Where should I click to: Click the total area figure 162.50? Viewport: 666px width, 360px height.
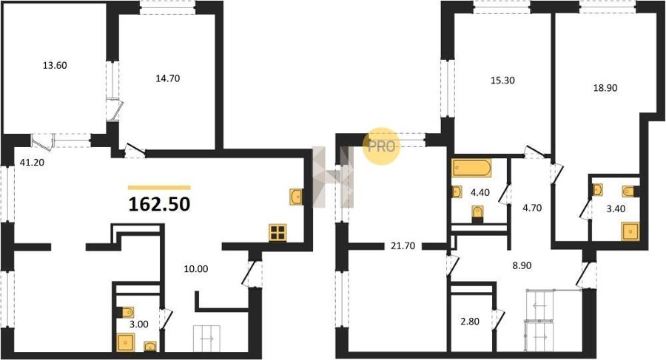159,204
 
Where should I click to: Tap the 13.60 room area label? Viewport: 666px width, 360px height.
55,66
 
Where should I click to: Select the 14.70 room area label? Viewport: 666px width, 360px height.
167,78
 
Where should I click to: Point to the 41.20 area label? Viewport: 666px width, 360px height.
31,162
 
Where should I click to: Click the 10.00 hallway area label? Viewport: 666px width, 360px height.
196,269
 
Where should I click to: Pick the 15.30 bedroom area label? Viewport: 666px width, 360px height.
502,81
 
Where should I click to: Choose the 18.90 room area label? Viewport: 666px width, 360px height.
605,88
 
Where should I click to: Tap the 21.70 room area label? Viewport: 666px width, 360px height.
403,246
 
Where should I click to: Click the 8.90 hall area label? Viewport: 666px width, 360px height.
522,266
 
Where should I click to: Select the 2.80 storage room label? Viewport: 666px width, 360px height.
470,322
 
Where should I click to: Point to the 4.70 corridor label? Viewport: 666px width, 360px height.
532,208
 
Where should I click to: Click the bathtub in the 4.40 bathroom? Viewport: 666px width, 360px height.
472,168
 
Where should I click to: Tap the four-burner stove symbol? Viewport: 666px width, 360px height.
277,233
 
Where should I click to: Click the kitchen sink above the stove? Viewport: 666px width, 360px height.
296,197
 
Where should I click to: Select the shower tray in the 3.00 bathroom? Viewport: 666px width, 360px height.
126,342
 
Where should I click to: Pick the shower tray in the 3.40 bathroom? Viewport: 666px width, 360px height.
630,231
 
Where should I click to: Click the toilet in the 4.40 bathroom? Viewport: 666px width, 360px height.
478,214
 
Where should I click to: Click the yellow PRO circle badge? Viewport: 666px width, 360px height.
381,146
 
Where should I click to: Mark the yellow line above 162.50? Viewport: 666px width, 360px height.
159,187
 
